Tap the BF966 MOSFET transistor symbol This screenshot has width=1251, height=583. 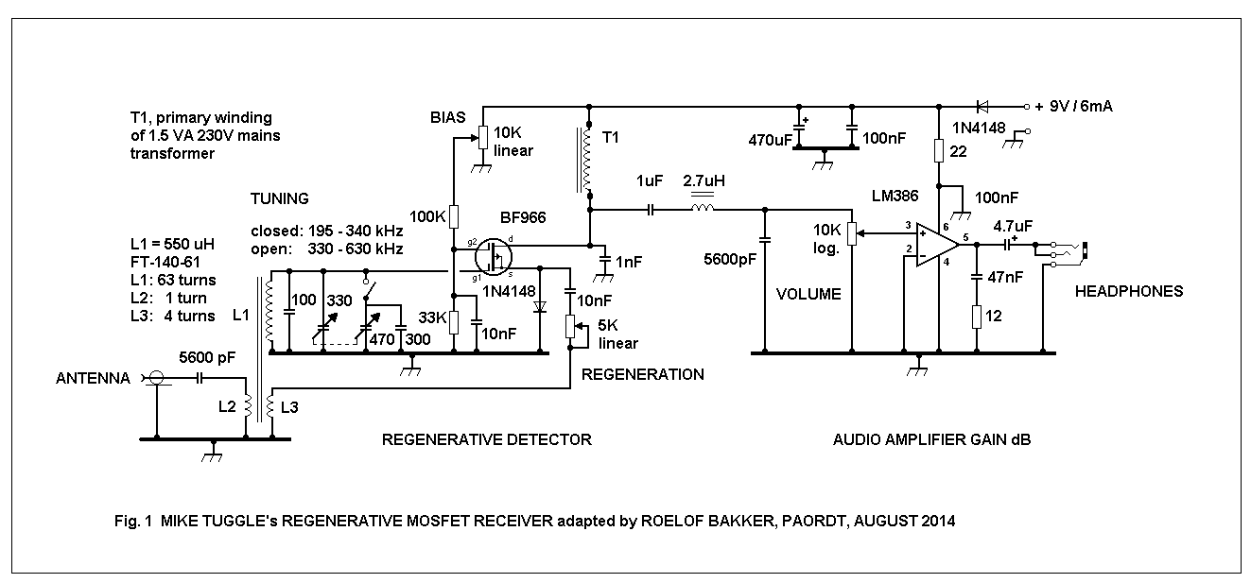(494, 257)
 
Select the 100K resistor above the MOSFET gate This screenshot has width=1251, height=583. (454, 216)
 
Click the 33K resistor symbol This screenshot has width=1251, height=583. (454, 322)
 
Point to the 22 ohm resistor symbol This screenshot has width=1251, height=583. (939, 150)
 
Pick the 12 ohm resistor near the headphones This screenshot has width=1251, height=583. (976, 317)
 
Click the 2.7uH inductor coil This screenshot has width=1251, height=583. (702, 209)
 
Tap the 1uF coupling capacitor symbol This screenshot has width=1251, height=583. (650, 210)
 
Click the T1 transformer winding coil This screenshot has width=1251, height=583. (586, 160)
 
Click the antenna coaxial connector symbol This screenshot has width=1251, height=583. (156, 379)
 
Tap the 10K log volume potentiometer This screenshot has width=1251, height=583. (852, 233)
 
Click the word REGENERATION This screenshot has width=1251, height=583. (642, 374)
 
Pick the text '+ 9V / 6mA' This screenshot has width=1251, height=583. (1073, 106)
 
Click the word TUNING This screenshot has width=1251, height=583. (279, 198)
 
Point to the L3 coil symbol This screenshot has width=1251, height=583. (270, 407)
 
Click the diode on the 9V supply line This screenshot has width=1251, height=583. (982, 106)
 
